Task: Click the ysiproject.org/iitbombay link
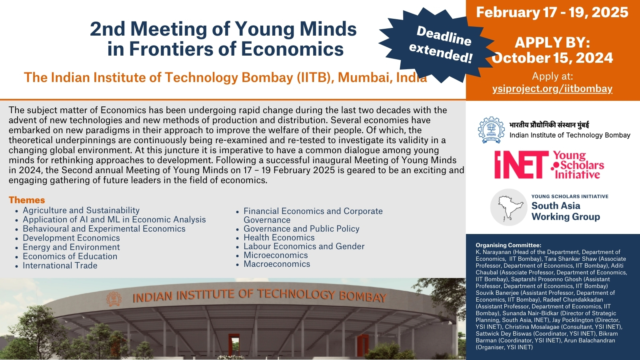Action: click(x=552, y=88)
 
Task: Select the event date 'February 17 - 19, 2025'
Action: click(x=552, y=12)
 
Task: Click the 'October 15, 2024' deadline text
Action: click(x=552, y=58)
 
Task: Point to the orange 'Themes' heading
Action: click(x=27, y=200)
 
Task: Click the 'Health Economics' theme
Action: click(x=279, y=238)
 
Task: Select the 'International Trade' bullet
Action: click(x=60, y=266)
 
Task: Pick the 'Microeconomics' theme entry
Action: click(x=276, y=255)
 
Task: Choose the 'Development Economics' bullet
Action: click(x=71, y=238)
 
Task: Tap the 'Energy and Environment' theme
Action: click(x=71, y=247)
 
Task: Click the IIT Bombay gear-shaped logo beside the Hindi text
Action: click(x=492, y=130)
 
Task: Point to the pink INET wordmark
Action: click(x=521, y=165)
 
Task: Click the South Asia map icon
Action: click(x=508, y=208)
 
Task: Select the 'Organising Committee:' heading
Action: click(x=508, y=245)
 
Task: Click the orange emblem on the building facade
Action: click(x=114, y=299)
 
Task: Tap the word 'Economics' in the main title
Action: click(x=292, y=49)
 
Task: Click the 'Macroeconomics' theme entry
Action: click(x=276, y=264)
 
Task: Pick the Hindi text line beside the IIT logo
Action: click(x=549, y=125)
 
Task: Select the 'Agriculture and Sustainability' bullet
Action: click(x=81, y=210)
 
